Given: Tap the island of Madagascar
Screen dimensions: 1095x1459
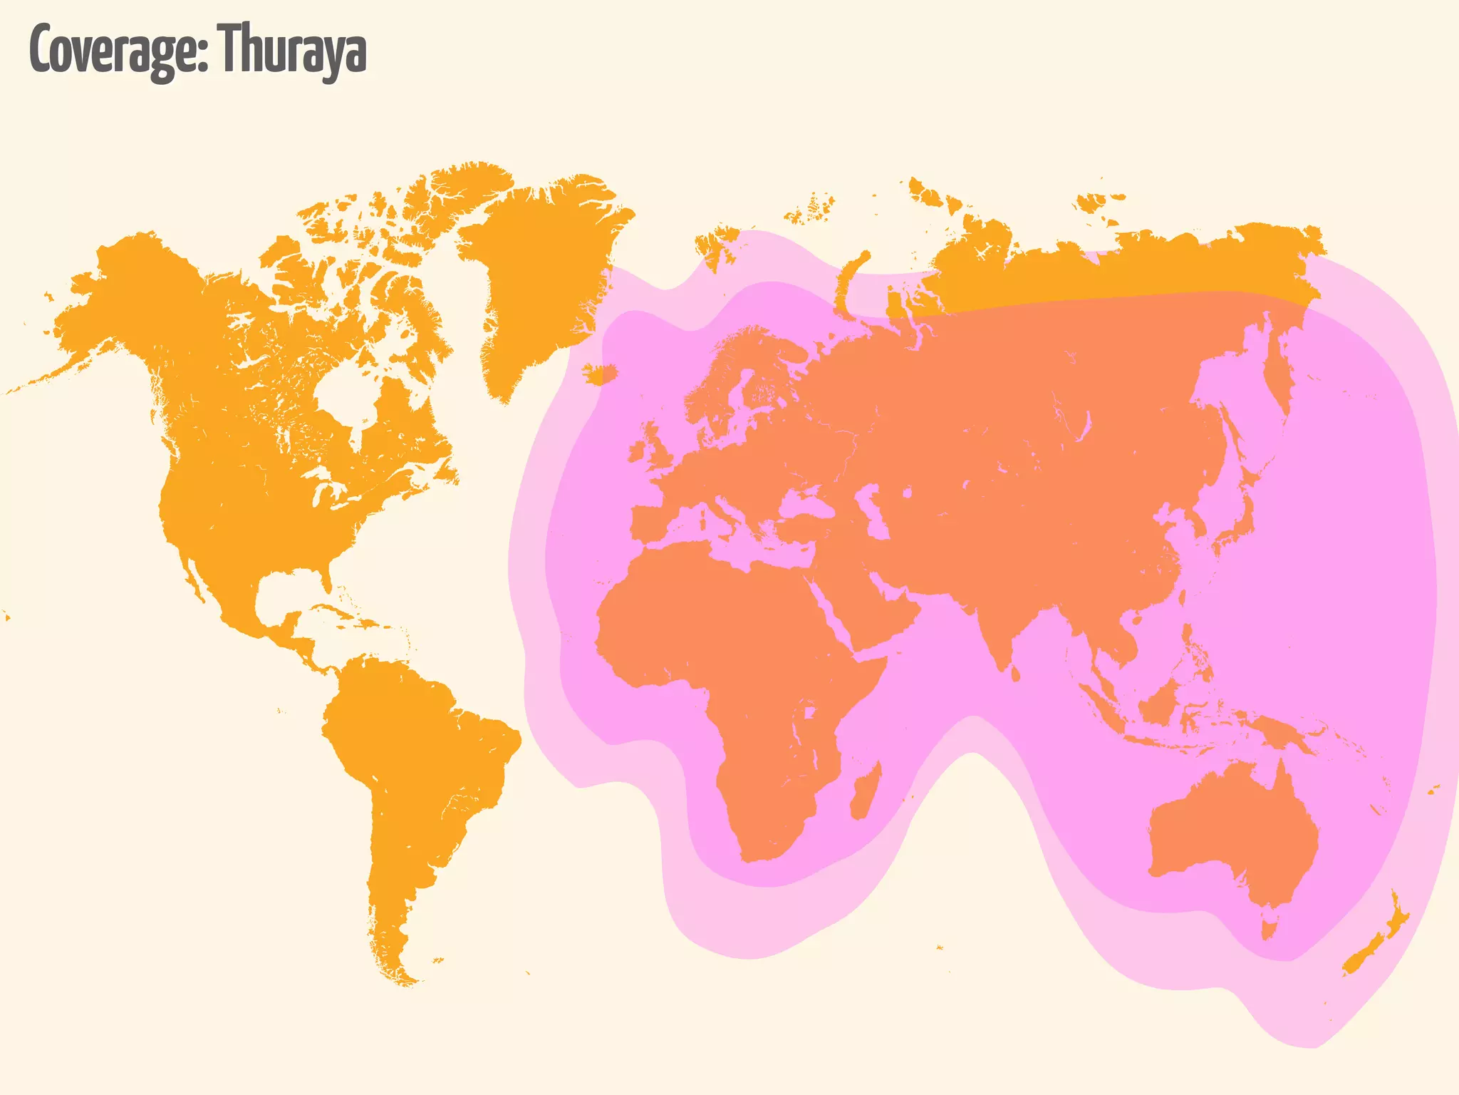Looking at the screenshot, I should click(x=865, y=791).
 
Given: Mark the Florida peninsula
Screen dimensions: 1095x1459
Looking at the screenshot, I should click(x=327, y=577).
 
